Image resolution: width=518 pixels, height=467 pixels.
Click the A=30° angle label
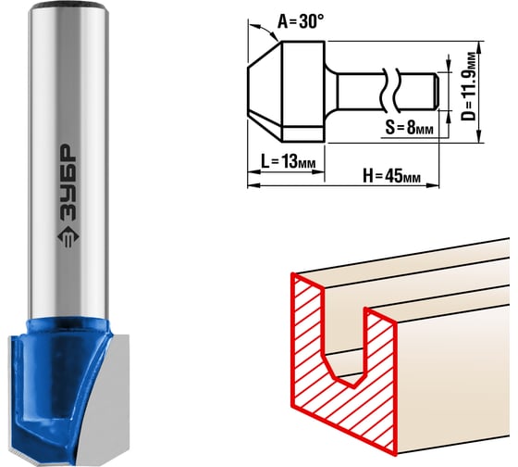301,21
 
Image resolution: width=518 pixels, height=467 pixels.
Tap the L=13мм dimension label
288,162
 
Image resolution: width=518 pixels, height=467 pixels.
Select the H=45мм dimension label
392,175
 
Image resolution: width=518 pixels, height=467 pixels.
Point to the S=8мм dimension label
409,127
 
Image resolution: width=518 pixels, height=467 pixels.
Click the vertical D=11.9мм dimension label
469,86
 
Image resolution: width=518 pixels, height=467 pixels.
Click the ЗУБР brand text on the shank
68,183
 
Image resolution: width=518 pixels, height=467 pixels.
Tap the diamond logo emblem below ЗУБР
68,238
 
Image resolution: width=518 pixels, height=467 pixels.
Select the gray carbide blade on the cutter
104,398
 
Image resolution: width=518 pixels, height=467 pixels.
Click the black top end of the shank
68,6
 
